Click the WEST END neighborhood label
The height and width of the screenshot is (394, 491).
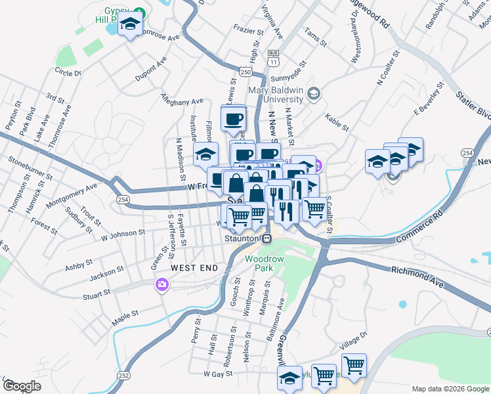click(194, 268)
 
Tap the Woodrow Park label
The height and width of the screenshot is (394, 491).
click(264, 263)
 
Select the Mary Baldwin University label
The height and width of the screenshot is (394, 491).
click(276, 95)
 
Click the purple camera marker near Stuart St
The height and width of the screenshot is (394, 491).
click(161, 285)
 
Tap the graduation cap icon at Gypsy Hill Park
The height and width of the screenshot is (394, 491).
click(131, 26)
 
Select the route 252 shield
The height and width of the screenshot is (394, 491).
click(123, 374)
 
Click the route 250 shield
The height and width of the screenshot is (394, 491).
click(245, 72)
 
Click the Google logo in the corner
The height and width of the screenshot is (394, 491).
click(22, 386)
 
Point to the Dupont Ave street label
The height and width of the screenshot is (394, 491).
click(150, 69)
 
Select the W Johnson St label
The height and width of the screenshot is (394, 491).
click(123, 232)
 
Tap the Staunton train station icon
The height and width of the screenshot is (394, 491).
click(267, 239)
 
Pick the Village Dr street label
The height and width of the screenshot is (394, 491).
click(351, 344)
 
